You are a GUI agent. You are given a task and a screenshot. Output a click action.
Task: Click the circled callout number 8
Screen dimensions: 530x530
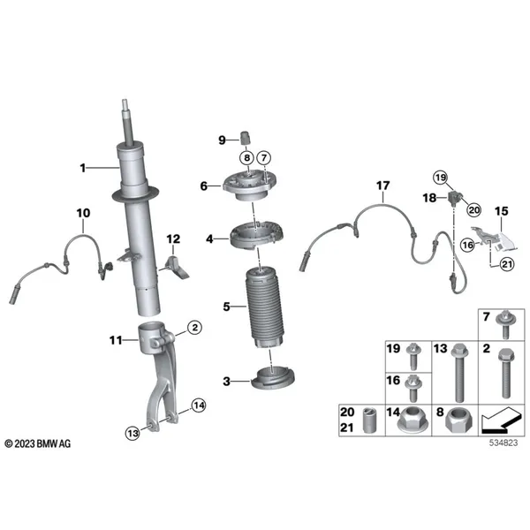(x=247, y=157)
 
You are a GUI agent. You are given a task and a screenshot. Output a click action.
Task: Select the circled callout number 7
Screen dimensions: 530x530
(x=264, y=157)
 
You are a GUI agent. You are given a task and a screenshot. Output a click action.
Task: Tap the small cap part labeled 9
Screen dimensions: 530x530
(x=246, y=137)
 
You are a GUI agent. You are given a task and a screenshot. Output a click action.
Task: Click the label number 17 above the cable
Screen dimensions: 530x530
(x=383, y=185)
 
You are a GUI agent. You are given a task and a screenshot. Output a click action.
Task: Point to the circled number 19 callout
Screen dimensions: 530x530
(x=441, y=178)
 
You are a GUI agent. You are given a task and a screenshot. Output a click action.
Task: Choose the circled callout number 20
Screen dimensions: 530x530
(x=473, y=210)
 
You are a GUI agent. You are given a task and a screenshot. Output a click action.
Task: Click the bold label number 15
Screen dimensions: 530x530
(x=501, y=211)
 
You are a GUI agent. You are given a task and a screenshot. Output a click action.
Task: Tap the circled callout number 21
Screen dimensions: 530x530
(x=507, y=263)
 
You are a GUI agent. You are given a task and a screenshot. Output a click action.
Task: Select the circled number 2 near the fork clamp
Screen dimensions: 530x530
(x=194, y=327)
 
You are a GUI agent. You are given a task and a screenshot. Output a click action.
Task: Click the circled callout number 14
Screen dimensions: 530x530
(x=199, y=405)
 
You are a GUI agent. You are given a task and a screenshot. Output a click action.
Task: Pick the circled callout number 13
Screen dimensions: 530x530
(x=132, y=433)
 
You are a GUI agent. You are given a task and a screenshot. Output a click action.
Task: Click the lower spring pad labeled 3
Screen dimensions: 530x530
(x=273, y=378)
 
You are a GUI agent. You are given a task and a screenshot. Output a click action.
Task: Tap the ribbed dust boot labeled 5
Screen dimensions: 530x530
(x=265, y=309)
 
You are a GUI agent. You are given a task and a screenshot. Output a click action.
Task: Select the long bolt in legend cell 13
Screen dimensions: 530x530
(x=458, y=373)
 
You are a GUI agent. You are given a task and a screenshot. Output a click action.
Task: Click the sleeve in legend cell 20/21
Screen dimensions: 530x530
(x=369, y=420)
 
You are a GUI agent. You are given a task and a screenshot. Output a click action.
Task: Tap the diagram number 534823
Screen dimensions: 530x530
(x=503, y=443)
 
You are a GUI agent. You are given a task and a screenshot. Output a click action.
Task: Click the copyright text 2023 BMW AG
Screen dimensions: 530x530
(x=38, y=443)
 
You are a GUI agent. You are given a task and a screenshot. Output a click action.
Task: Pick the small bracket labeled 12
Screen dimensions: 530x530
(x=178, y=267)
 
